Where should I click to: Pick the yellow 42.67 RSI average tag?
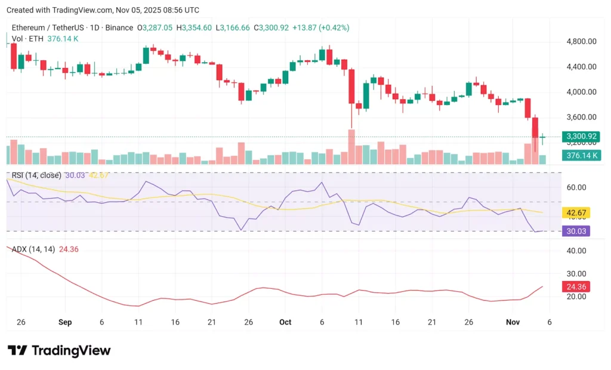[576, 212]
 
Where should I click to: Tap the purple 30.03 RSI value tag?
[576, 230]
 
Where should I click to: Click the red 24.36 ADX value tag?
[576, 286]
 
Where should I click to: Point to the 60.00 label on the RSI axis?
[576, 187]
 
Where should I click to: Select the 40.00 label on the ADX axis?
[576, 251]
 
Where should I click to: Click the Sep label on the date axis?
[65, 322]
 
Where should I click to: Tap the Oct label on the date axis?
[285, 322]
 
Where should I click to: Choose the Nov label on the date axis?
[513, 322]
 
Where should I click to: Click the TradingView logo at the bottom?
[59, 350]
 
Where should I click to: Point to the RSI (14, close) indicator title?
[36, 175]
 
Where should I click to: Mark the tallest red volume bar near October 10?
[351, 147]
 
